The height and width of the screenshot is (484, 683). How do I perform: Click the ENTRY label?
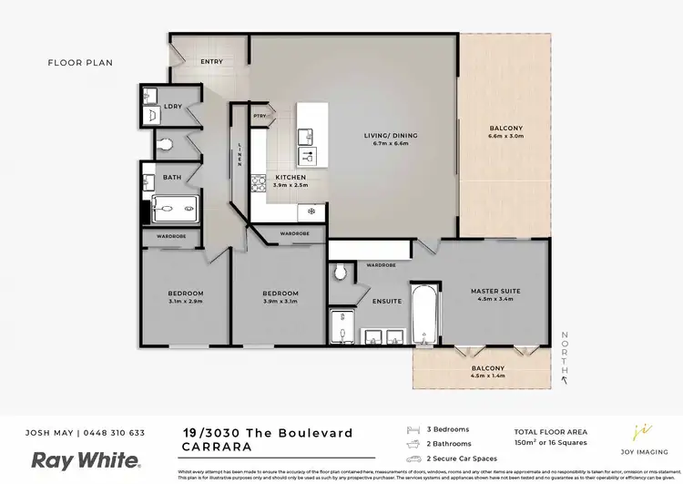pyautogui.click(x=211, y=62)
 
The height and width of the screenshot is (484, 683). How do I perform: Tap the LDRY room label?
pyautogui.click(x=173, y=107)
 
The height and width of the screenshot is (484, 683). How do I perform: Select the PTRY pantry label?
pyautogui.click(x=260, y=116)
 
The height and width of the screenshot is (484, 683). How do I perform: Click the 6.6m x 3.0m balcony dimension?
pyautogui.click(x=506, y=136)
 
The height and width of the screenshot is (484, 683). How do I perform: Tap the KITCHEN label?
pyautogui.click(x=291, y=177)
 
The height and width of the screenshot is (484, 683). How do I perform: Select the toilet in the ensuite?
pyautogui.click(x=341, y=272)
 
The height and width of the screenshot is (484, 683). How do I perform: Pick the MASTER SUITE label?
pyautogui.click(x=495, y=292)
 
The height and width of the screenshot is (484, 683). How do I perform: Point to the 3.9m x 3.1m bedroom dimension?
pyautogui.click(x=280, y=302)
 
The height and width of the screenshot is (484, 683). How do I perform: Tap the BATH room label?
pyautogui.click(x=172, y=177)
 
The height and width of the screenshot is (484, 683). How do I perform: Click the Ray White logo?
pyautogui.click(x=87, y=459)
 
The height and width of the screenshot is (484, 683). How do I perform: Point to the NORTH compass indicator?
pyautogui.click(x=565, y=355)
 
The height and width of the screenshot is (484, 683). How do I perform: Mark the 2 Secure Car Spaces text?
pyautogui.click(x=462, y=458)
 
